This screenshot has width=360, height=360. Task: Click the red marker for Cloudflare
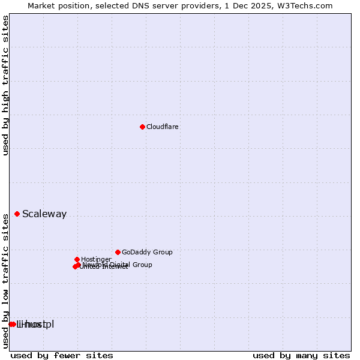tap(142, 127)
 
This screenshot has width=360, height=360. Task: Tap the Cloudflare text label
tap(163, 127)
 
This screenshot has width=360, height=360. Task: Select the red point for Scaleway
tap(17, 214)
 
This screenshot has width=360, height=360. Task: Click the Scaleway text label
tap(44, 214)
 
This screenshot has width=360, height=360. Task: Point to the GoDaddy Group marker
tap(118, 252)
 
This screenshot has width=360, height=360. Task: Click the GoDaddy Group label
tap(147, 253)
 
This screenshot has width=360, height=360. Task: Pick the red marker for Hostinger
tap(77, 259)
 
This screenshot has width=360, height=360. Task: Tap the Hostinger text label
tap(96, 260)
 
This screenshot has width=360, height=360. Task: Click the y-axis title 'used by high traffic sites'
tap(6, 85)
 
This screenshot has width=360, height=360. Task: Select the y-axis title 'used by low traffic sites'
tap(6, 280)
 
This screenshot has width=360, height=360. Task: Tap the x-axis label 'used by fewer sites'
tap(62, 355)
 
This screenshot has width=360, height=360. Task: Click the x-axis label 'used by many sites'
tap(301, 355)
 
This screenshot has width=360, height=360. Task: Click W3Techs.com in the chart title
tap(307, 6)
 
